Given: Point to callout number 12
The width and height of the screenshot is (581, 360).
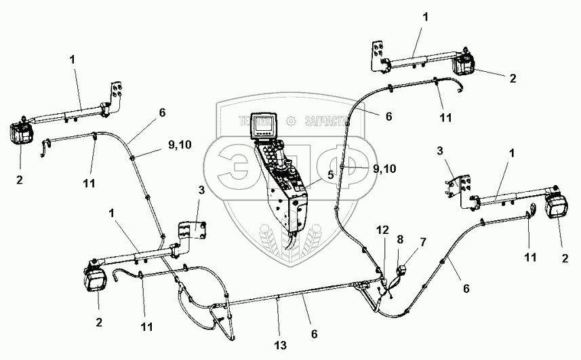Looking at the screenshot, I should click(382, 231).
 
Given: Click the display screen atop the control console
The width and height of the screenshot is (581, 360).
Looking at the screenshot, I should click(261, 125).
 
